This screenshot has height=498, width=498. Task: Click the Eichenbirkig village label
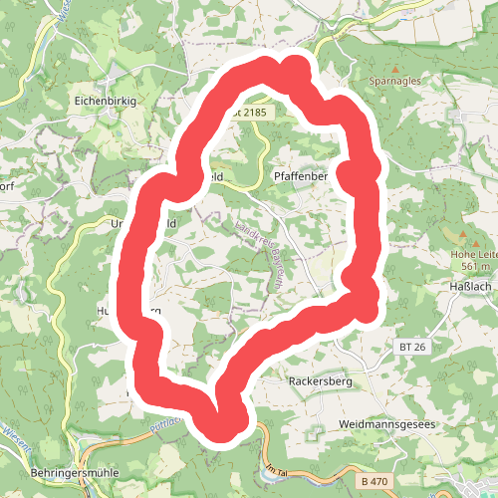pyautogui.click(x=105, y=102)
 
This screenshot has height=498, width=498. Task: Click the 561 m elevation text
pyautogui.click(x=475, y=266)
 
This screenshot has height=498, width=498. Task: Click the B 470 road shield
pyautogui.click(x=374, y=482)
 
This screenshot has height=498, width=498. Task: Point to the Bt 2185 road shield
pyautogui.click(x=252, y=114)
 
